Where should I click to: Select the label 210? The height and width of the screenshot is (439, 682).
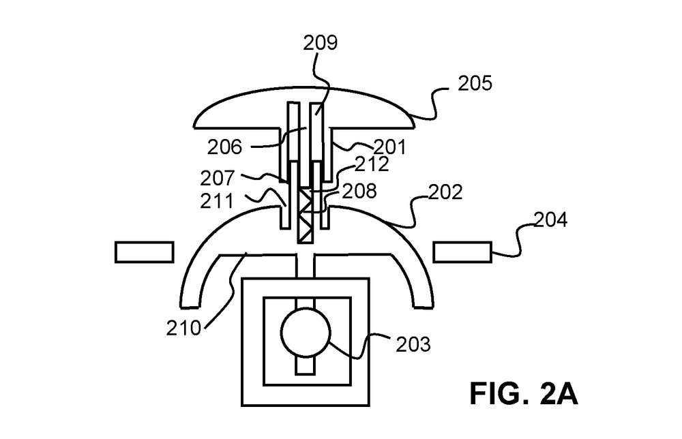tap(183, 327)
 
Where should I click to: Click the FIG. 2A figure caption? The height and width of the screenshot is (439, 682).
tap(524, 395)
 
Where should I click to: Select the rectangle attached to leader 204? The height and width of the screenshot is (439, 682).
tap(462, 252)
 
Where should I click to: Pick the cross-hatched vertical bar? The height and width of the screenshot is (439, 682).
tap(306, 218)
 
